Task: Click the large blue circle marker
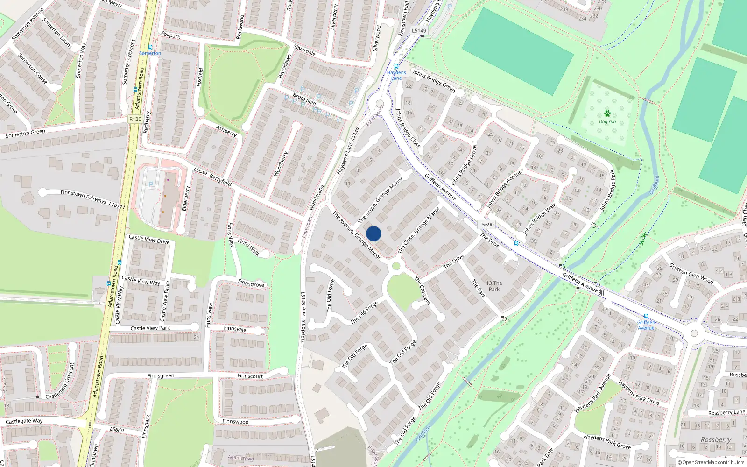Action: coord(373,233)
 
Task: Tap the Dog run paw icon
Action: coord(607,113)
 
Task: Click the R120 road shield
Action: coord(135,119)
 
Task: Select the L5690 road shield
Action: coord(486,225)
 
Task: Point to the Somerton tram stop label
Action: coord(150,53)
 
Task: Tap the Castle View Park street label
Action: coord(150,328)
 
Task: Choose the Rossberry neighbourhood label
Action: coord(716,439)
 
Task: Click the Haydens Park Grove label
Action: coord(607,442)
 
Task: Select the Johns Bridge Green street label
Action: coord(433,81)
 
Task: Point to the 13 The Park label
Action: coord(494,286)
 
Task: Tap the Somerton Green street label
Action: coord(25,134)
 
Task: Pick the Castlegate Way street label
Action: coord(24,421)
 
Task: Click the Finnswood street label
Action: coord(235,422)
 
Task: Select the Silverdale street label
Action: coord(304,50)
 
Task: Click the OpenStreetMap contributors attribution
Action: coord(711,462)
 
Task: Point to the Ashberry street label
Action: coord(226,131)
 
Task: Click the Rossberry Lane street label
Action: coord(726,412)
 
